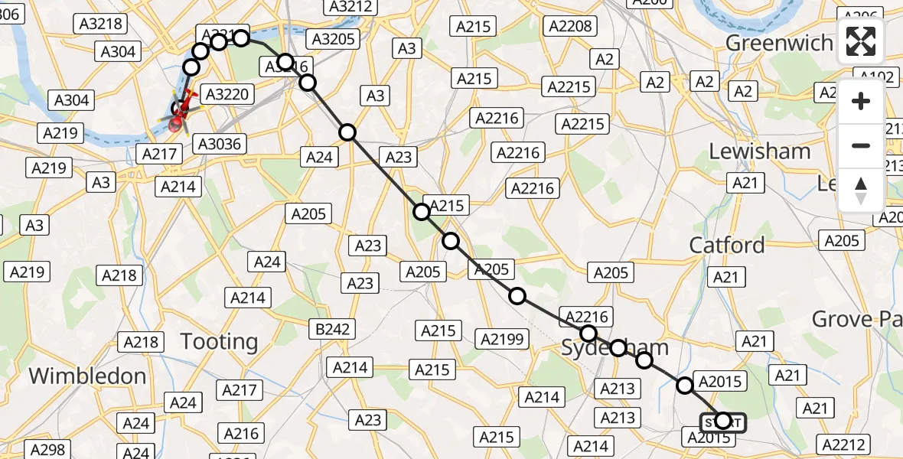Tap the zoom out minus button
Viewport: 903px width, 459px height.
point(861,145)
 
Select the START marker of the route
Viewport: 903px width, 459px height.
point(722,422)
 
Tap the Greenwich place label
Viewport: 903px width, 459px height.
point(778,43)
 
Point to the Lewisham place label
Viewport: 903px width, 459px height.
point(759,151)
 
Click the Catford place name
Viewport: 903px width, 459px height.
point(726,245)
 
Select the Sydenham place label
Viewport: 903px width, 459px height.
point(614,347)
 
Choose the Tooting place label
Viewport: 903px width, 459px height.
point(219,341)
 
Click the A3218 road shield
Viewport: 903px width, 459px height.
point(100,24)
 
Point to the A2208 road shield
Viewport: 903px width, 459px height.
point(570,27)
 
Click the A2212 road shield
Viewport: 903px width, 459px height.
point(844,444)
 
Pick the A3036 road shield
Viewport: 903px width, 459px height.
point(219,144)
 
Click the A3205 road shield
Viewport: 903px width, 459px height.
point(331,39)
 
